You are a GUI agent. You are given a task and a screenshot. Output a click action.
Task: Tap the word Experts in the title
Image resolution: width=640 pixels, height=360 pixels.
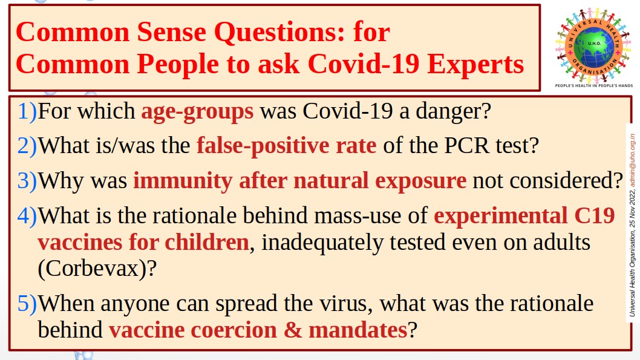(x=475, y=65)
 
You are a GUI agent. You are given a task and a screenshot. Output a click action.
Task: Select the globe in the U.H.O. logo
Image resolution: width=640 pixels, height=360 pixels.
(x=594, y=46)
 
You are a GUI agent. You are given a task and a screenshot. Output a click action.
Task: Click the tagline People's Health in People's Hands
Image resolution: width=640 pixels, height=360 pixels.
(x=594, y=86)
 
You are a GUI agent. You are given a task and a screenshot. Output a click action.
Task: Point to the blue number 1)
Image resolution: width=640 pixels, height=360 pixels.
(x=27, y=111)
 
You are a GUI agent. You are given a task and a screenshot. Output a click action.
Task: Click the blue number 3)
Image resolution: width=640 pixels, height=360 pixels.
(x=27, y=181)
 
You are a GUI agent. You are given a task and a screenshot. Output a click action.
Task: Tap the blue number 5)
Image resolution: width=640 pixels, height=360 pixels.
(x=27, y=304)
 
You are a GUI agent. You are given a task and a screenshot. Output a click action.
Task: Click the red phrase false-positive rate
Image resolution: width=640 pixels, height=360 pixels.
(x=287, y=146)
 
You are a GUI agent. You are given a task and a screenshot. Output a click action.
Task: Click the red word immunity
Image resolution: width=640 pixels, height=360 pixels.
(x=183, y=182)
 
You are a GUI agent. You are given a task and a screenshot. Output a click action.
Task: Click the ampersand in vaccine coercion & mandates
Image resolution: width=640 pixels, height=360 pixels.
(x=293, y=330)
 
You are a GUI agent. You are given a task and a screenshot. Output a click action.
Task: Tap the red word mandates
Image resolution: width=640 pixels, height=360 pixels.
(x=358, y=330)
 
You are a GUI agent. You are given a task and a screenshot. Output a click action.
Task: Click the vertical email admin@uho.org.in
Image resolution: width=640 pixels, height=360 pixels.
(x=632, y=160)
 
